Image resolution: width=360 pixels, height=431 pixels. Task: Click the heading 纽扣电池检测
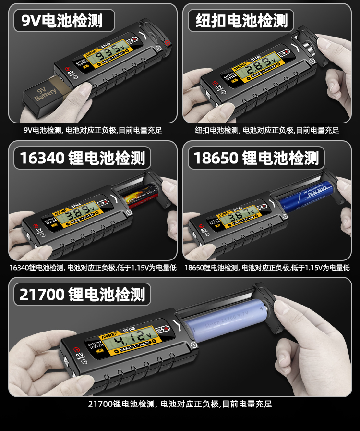pyautogui.click(x=241, y=21)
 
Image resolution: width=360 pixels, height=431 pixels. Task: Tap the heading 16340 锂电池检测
pyautogui.click(x=82, y=158)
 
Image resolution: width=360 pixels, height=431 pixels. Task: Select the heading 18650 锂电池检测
pyautogui.click(x=256, y=158)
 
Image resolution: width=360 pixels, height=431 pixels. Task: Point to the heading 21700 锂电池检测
pyautogui.click(x=82, y=294)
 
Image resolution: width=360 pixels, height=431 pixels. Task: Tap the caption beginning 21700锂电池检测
pyautogui.click(x=180, y=404)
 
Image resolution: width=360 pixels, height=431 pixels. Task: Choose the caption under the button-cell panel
pyautogui.click(x=267, y=130)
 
